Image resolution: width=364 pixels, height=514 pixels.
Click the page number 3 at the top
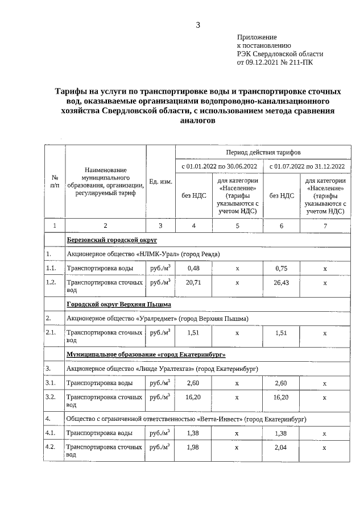198,24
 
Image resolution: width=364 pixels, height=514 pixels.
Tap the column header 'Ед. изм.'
160,181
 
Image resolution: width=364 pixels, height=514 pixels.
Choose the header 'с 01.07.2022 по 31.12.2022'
307,166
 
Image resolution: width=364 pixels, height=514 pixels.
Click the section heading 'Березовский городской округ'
104,240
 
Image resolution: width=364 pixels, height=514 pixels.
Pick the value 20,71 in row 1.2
193,282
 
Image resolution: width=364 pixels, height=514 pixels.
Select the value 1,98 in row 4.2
193,448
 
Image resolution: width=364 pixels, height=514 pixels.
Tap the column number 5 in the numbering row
237,226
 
